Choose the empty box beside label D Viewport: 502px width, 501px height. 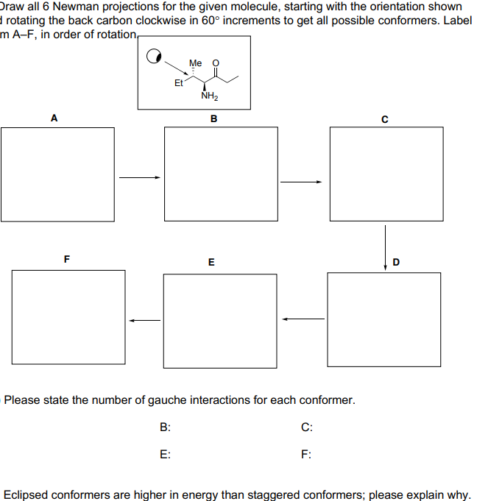(384, 319)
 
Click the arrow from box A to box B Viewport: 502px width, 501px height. (140, 177)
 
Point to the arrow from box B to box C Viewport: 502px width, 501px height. (301, 182)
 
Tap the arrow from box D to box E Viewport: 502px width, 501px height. (303, 319)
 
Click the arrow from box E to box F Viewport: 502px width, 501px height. (145, 319)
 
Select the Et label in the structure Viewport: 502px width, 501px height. (178, 83)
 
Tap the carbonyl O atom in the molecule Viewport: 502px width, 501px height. (216, 64)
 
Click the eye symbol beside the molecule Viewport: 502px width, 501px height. (155, 56)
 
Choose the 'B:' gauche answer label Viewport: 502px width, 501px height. (166, 427)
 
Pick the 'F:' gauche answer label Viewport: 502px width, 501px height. (306, 455)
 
